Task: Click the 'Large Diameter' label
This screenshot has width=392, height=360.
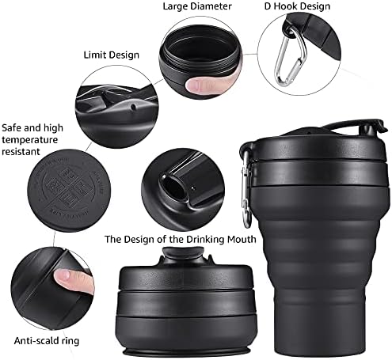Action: coord(198,7)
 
